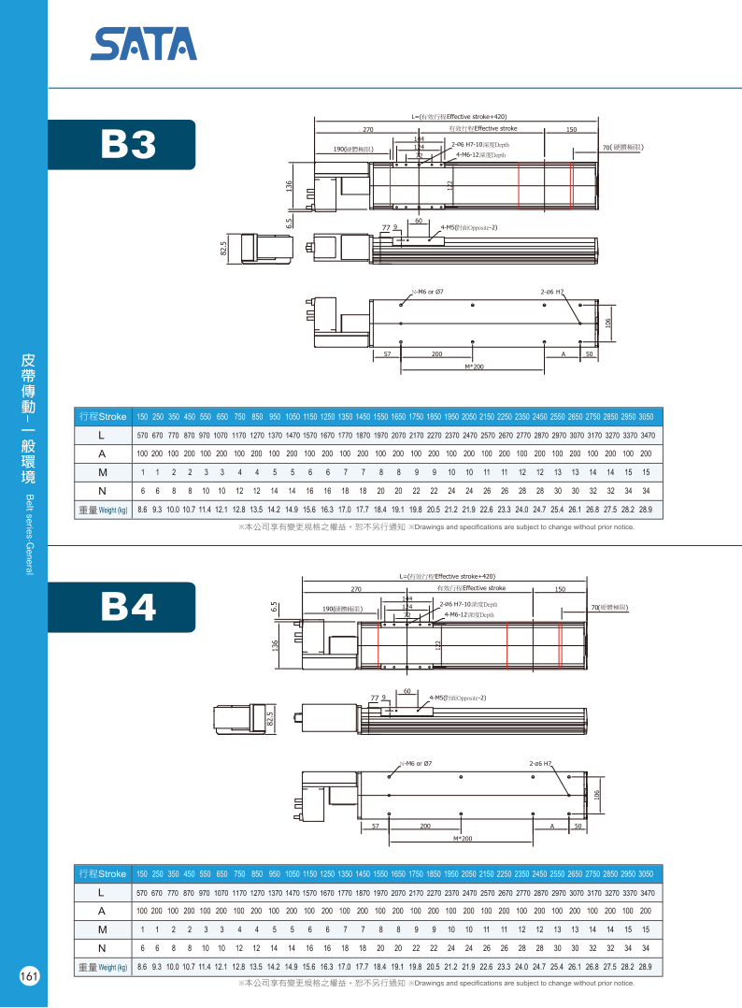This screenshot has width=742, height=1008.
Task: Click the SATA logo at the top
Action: click(144, 43)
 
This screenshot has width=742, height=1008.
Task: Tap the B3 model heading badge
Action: click(128, 144)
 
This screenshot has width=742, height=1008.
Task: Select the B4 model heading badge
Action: click(128, 607)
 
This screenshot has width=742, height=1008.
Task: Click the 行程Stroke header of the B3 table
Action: click(103, 416)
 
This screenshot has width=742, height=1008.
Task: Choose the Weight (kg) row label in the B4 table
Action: click(103, 967)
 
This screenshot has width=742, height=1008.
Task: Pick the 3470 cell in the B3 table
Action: click(648, 436)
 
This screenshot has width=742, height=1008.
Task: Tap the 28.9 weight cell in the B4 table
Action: click(644, 967)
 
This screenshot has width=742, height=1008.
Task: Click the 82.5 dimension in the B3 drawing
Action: click(224, 248)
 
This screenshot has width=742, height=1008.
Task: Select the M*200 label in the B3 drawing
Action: click(474, 367)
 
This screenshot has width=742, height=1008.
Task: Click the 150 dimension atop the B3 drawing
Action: click(571, 128)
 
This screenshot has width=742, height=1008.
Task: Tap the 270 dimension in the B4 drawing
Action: click(356, 589)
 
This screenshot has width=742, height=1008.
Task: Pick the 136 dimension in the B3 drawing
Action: click(290, 187)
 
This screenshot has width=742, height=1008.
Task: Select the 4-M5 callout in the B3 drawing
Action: click(468, 227)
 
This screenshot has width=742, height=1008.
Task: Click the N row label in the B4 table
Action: click(101, 948)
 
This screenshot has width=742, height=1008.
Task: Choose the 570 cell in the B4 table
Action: click(143, 893)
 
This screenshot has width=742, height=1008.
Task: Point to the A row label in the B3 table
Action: click(101, 454)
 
